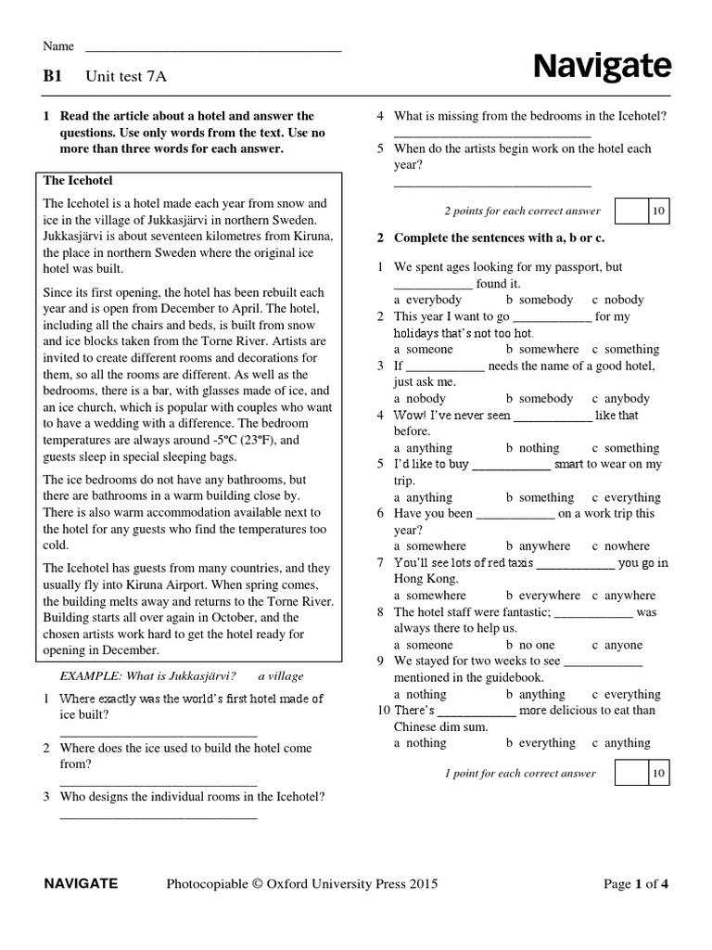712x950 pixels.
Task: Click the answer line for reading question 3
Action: [159, 816]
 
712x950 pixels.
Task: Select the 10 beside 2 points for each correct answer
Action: [657, 212]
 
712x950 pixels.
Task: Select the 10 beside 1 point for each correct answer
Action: [657, 773]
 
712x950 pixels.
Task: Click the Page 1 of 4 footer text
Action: [635, 884]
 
